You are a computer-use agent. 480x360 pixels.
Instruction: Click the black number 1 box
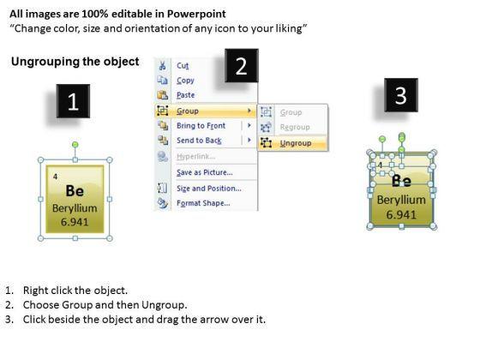73,101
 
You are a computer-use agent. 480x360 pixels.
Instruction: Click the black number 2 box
242,65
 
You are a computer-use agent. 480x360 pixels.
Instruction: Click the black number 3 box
401,95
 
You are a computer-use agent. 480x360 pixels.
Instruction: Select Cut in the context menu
183,65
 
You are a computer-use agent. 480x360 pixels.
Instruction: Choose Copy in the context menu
185,81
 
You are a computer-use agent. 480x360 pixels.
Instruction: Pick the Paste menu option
185,95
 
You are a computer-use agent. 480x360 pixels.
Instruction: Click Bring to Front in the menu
201,125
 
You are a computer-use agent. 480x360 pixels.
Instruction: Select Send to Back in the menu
199,141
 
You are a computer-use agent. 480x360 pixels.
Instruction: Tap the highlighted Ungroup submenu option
296,143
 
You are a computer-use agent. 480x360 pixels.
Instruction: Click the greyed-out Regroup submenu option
295,127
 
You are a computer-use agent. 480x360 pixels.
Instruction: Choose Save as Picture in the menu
205,172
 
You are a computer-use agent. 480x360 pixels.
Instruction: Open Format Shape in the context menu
203,203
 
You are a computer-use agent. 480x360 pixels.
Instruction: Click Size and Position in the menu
209,189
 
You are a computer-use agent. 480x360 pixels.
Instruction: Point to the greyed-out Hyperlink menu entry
196,156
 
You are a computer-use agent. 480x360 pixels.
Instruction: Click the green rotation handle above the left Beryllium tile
75,145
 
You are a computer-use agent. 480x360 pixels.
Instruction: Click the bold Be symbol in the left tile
75,191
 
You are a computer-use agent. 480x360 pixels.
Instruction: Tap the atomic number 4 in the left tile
55,177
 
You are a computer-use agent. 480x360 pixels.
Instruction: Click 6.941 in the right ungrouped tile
401,214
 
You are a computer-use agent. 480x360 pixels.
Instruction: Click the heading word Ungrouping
45,62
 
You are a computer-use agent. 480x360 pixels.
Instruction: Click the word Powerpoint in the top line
196,14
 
